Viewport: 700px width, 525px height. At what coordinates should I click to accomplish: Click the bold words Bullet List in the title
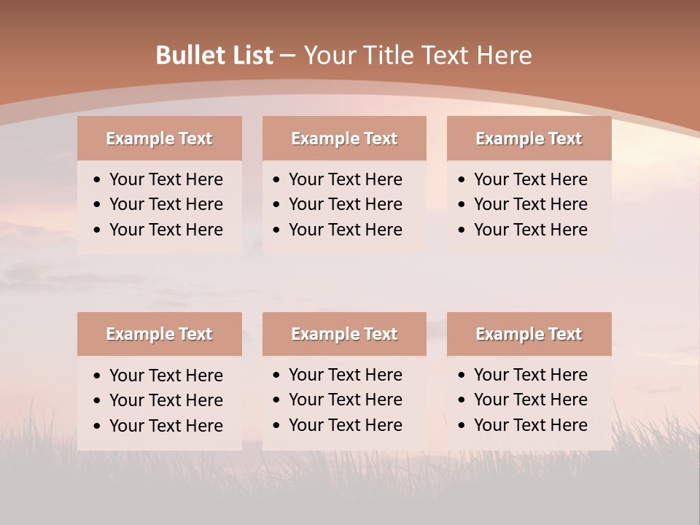tap(214, 55)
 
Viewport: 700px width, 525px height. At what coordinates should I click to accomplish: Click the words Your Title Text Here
tap(418, 55)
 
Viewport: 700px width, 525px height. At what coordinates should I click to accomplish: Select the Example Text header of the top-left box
tap(159, 139)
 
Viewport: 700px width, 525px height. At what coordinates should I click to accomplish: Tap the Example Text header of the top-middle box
tap(344, 139)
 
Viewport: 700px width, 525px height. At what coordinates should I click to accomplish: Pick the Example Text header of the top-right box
tap(529, 139)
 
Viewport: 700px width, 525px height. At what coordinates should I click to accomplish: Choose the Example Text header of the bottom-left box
tap(159, 334)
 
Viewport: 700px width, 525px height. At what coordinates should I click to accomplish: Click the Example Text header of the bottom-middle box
tap(344, 334)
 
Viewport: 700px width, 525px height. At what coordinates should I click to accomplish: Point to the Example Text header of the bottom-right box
tap(529, 334)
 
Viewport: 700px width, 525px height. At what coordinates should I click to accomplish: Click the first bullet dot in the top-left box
tap(98, 180)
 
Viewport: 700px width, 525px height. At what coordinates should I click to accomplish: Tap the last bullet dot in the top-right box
tap(462, 230)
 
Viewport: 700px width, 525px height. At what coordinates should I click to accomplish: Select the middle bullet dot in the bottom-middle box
tap(277, 400)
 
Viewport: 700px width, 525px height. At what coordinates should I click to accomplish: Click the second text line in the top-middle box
tap(345, 204)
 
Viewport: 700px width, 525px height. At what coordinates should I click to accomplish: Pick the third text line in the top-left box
tap(166, 230)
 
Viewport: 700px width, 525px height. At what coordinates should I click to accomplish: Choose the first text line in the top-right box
tap(530, 179)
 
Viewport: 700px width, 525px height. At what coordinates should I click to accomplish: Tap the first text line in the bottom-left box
tap(166, 376)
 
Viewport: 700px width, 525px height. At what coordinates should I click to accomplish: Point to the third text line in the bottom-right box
tap(530, 425)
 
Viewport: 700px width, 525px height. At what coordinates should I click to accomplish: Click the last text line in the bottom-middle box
tap(345, 425)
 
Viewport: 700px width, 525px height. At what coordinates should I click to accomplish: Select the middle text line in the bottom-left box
tap(166, 400)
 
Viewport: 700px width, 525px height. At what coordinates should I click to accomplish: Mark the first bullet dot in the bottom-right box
tap(462, 376)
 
